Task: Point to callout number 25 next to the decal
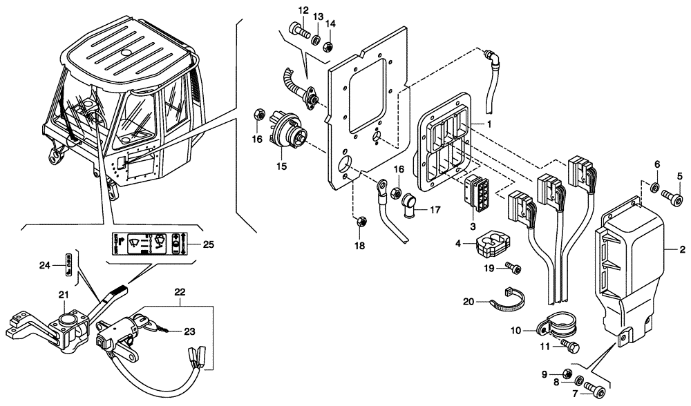pos(209,244)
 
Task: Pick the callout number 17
pos(435,209)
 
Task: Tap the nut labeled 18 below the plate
pos(360,222)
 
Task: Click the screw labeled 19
pos(513,268)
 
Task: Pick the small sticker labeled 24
pos(68,263)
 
